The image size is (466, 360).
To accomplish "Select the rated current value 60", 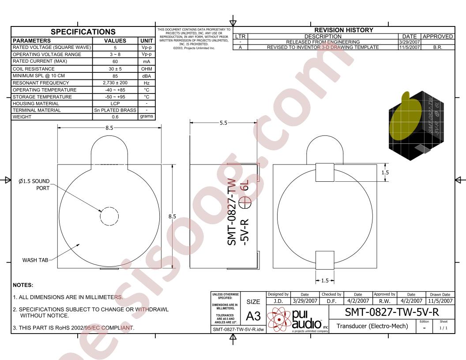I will [115, 62].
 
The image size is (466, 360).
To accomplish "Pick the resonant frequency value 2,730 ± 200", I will [115, 82].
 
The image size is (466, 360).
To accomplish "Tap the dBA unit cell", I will [146, 76].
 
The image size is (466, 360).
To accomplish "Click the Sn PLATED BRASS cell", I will [115, 110].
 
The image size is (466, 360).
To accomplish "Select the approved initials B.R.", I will [437, 47].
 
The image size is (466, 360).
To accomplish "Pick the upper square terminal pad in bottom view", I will [325, 172].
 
